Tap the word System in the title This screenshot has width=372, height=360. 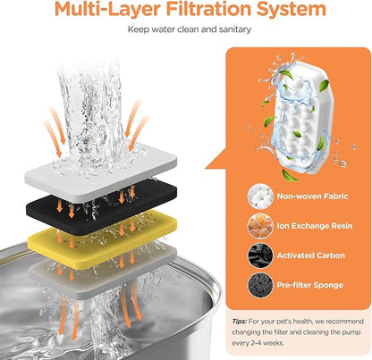pyautogui.click(x=292, y=10)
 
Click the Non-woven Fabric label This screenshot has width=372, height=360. pyautogui.click(x=312, y=197)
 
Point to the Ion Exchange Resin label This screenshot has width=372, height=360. pyautogui.click(x=315, y=226)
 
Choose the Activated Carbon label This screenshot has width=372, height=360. pyautogui.click(x=311, y=255)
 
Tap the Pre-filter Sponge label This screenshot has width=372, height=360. pyautogui.click(x=310, y=285)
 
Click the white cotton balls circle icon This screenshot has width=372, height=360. pyautogui.click(x=260, y=197)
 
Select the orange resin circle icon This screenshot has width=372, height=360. pyautogui.click(x=260, y=226)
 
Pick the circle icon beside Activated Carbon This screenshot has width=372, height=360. pyautogui.click(x=260, y=255)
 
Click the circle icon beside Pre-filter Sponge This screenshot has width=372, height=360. pyautogui.click(x=260, y=285)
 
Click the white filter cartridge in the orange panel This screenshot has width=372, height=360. pyautogui.click(x=301, y=119)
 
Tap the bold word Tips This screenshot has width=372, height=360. pyautogui.click(x=240, y=322)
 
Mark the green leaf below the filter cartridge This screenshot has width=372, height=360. pyautogui.click(x=290, y=176)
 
